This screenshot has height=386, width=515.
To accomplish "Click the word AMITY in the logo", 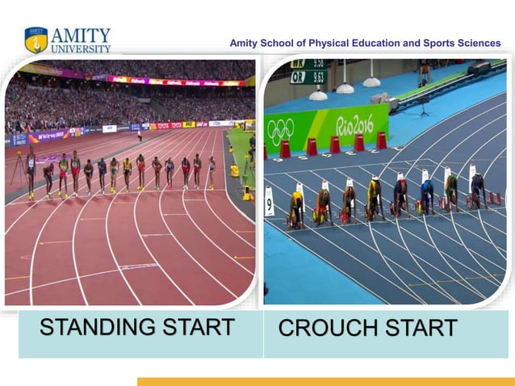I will [81, 36].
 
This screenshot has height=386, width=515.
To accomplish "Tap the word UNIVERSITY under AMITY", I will [81, 48].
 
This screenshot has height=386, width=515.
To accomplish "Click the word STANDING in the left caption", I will [96, 328].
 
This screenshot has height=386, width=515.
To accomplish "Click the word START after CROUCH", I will [423, 329].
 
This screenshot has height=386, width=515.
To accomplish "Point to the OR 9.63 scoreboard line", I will [308, 78].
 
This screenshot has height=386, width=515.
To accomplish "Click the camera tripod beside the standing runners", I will [18, 170].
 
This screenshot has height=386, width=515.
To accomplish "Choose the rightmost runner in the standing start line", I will [212, 171].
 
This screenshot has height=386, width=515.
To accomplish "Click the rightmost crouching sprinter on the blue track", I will [478, 191].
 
